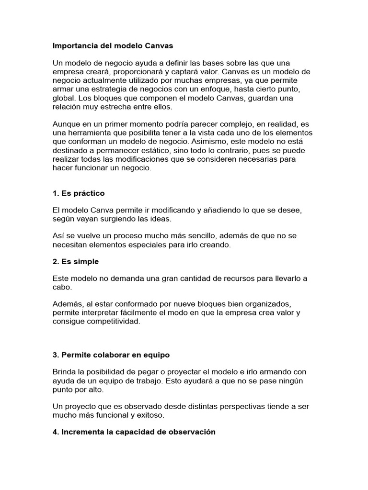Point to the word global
pos(64,98)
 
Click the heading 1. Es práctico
pos(79,193)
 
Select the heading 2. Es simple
pos(76,262)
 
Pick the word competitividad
pos(111,321)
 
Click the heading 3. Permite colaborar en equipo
pos(111,355)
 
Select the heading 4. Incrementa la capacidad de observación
pos(134,432)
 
